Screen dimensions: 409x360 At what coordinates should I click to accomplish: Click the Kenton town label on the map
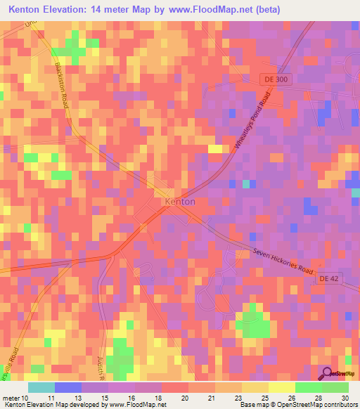(179, 201)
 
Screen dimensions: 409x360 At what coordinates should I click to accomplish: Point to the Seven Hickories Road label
(281, 260)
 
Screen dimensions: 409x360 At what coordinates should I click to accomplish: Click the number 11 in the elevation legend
(49, 398)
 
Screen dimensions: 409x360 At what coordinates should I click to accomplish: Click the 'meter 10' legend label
(15, 398)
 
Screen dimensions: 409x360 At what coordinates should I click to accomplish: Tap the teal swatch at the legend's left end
(41, 387)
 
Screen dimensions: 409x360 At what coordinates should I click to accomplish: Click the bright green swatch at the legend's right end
(335, 387)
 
